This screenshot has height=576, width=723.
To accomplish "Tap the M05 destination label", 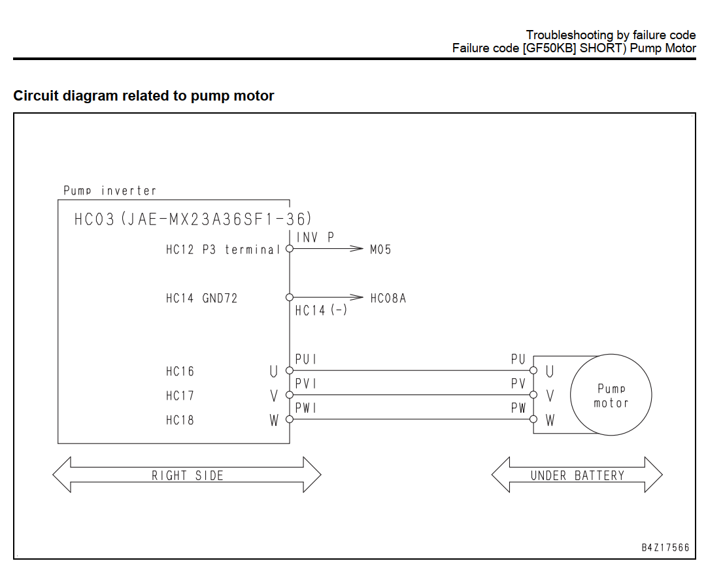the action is [380, 249].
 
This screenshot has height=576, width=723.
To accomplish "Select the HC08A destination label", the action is [388, 298].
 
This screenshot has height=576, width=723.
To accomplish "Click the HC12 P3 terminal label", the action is [223, 249].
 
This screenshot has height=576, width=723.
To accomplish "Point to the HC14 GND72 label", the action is [201, 298].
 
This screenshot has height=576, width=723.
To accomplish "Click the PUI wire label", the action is [306, 359].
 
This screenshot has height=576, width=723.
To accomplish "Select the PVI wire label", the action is [306, 384].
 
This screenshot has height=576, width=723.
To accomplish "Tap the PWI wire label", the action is [306, 408].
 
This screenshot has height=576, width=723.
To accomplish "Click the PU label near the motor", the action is [518, 359].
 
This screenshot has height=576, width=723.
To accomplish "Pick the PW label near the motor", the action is [518, 408].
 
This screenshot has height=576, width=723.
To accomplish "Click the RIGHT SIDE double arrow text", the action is [188, 475].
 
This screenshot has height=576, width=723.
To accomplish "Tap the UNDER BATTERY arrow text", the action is [577, 475].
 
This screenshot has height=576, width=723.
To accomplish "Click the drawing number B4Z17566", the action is [665, 547].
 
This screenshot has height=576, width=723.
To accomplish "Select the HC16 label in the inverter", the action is [180, 372].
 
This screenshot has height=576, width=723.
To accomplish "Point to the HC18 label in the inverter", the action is [180, 421].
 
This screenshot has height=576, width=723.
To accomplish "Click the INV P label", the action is [315, 237].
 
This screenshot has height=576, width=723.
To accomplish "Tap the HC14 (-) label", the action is [322, 311].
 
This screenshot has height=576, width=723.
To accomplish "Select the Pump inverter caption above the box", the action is [110, 191].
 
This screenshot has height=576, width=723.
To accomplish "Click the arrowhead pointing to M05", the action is [357, 249].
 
